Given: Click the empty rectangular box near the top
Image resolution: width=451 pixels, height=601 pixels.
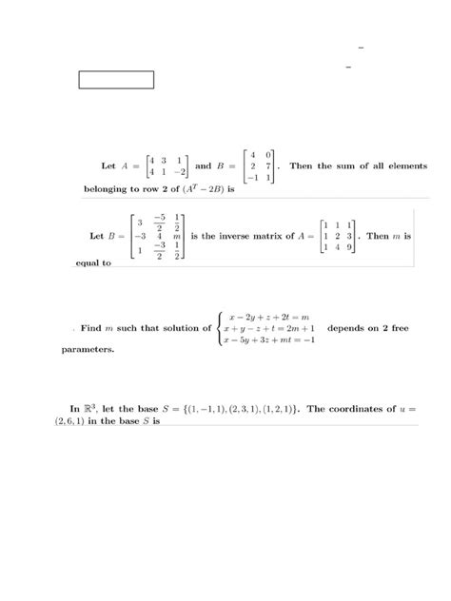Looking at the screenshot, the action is (116, 79).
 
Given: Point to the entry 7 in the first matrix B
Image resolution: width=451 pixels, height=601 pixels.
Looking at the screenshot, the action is (269, 165).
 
